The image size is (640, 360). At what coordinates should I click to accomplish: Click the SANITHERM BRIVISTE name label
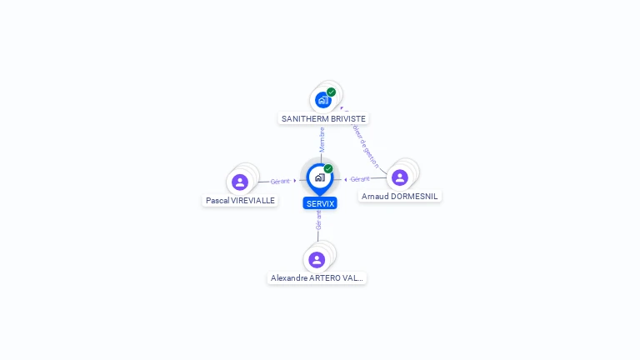coord(323,119)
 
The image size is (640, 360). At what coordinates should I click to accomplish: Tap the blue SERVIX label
coord(320,203)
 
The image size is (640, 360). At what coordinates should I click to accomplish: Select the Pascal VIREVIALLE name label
coord(240,201)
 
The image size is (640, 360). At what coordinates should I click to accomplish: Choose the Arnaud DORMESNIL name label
coord(400,197)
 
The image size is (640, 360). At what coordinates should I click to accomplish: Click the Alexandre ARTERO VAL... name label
coord(317,278)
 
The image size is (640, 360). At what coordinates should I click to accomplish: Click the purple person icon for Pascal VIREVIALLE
coord(240,182)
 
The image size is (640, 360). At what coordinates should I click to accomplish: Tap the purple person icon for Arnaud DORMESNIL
coord(400,177)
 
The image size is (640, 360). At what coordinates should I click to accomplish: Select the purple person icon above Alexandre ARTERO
coord(317,259)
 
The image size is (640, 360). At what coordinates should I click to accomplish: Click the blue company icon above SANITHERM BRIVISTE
coord(322,100)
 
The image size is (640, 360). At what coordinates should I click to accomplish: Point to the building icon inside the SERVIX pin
coord(319,177)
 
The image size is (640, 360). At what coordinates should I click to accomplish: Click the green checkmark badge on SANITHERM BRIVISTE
coord(332,92)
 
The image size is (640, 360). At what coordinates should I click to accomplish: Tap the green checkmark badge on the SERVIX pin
coord(328,168)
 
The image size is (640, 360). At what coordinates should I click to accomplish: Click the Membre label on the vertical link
coord(322,139)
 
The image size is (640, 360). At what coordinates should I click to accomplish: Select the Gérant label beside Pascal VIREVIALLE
coord(280,181)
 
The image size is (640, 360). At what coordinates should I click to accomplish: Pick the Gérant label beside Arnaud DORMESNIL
coord(360,179)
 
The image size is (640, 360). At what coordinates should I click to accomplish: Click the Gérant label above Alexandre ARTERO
coord(318,221)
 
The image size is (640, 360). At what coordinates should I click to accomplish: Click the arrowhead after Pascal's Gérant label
coord(295,181)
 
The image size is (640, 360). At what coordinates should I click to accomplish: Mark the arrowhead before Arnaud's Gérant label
coord(346,179)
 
